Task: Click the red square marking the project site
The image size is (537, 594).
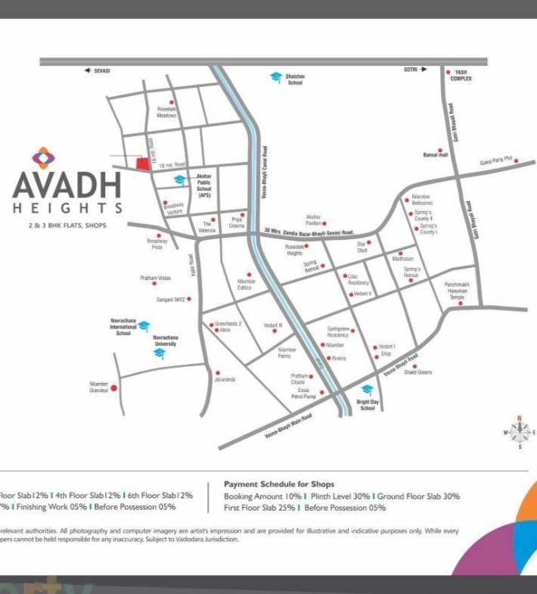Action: click(141, 163)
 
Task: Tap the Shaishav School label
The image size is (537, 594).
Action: click(295, 79)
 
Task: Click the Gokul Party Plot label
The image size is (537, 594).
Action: click(496, 161)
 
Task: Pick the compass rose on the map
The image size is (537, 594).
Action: click(520, 431)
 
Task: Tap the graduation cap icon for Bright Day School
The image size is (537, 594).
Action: click(367, 389)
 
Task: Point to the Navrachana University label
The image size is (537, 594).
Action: click(166, 340)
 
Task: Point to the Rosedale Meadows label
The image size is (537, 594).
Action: click(166, 112)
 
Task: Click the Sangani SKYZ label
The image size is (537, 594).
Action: click(170, 299)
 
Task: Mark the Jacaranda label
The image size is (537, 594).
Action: click(225, 379)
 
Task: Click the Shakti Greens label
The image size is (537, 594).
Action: click(417, 372)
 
